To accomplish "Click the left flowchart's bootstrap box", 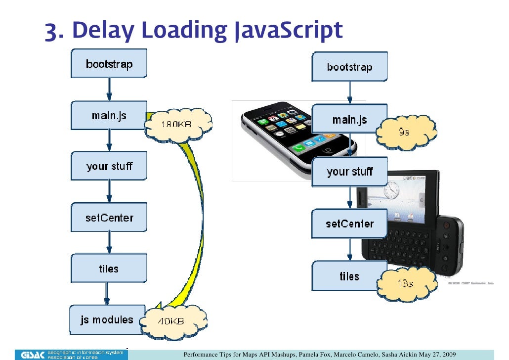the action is click(x=109, y=64).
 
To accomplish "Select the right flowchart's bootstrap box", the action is click(x=349, y=67).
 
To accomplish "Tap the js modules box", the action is click(x=107, y=319).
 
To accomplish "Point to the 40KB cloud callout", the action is click(x=170, y=321).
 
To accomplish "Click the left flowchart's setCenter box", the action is click(x=109, y=218).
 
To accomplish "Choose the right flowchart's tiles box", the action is click(x=349, y=276).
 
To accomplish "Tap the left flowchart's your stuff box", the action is click(x=109, y=166).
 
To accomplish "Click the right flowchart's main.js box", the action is click(x=349, y=120).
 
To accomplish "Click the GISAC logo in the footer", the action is click(x=33, y=354).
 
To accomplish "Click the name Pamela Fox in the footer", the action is click(x=313, y=354).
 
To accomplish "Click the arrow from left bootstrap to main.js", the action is click(x=109, y=90).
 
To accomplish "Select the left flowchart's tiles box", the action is click(x=109, y=269).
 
